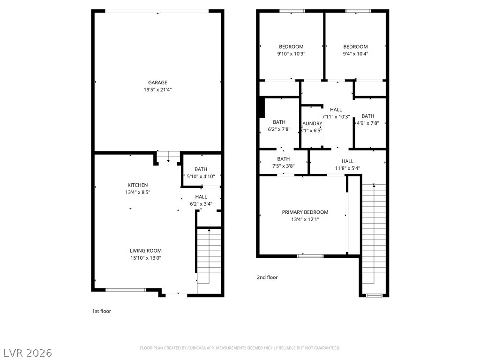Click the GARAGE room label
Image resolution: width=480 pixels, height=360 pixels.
(157, 82)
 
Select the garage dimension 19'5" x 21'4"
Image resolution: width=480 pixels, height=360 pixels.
(157, 90)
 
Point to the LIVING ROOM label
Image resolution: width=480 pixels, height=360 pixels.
(146, 251)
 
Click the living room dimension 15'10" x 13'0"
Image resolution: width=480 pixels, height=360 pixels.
(146, 258)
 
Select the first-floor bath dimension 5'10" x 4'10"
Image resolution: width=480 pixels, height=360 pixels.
(201, 177)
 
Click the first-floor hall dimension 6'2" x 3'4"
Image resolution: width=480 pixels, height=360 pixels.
(201, 204)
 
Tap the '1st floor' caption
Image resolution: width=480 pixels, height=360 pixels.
(101, 311)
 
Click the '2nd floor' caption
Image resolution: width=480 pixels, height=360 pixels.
(267, 277)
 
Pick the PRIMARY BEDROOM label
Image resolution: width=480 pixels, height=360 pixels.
(305, 212)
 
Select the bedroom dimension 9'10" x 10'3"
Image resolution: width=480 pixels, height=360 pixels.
(291, 54)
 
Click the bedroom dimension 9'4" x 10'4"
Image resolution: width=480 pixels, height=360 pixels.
(355, 54)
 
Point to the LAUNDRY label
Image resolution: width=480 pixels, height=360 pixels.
(312, 124)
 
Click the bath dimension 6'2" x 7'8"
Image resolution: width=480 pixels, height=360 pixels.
(279, 129)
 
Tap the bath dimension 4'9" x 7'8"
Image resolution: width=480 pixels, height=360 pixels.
(368, 123)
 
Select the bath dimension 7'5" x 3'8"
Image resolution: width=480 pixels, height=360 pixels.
(283, 166)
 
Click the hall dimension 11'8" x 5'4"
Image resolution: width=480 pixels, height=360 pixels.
(347, 168)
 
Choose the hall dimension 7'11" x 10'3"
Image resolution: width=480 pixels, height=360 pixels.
(336, 117)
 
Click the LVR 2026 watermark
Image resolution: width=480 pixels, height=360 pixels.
(28, 352)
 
